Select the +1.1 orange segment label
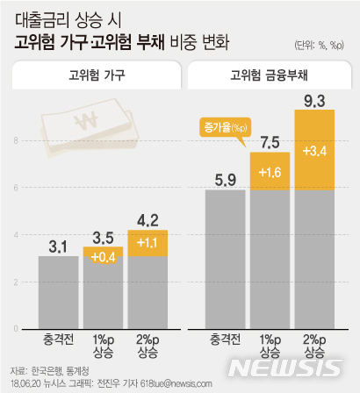point(148,241)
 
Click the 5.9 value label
point(225,182)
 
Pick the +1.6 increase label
point(270,172)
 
